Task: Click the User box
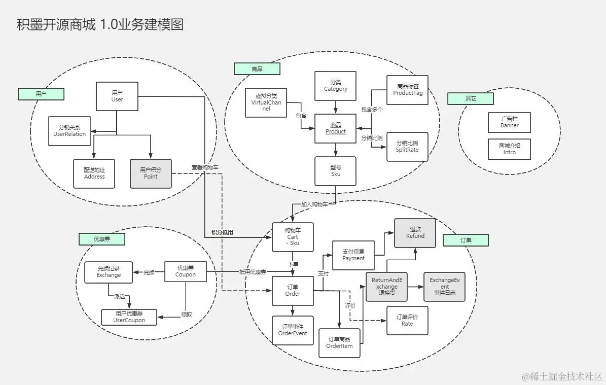tap(117, 96)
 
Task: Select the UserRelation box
tap(69, 130)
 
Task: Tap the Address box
tap(94, 173)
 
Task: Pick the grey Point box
tap(151, 173)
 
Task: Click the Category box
tap(336, 86)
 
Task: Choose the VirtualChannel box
tap(266, 102)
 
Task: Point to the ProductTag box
tap(407, 90)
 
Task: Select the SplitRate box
tap(407, 147)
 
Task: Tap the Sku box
tap(336, 171)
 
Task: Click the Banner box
tap(509, 122)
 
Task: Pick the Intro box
tap(509, 149)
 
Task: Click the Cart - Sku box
tap(293, 237)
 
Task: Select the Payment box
tap(353, 255)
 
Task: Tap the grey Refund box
tap(415, 233)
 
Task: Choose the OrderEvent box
tap(293, 330)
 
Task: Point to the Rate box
tap(407, 321)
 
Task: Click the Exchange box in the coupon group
tap(109, 272)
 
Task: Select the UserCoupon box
tap(129, 317)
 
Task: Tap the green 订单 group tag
tap(466, 240)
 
